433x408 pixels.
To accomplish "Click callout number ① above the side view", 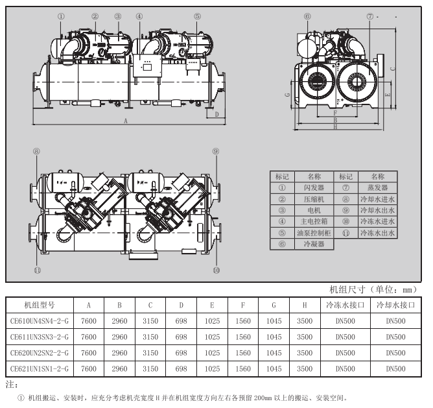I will point(60,16).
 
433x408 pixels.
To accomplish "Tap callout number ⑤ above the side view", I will point(198,16).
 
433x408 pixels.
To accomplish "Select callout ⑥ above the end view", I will point(307,16).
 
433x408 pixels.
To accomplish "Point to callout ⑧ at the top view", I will point(37,150).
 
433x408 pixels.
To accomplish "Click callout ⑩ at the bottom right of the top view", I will point(216,269).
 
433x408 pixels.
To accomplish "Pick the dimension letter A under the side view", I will point(126,121).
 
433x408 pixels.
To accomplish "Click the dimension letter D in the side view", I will point(216,114).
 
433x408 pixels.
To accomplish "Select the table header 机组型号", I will point(39,304).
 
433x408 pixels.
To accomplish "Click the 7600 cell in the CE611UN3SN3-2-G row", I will point(89,337).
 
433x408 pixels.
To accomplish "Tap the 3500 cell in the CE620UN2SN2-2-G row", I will point(305,353).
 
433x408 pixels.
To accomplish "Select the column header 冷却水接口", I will point(396,304).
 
